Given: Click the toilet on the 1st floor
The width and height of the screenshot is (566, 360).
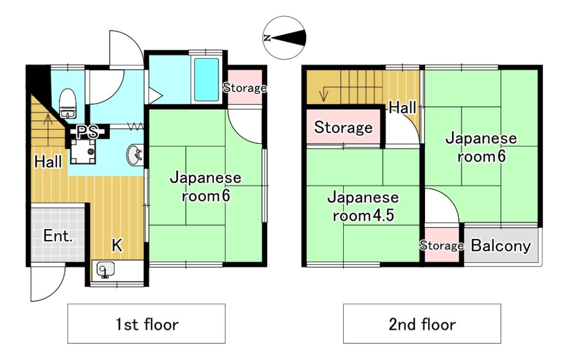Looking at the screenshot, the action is [67, 103].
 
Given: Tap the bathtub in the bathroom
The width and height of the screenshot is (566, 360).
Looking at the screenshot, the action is [207, 80].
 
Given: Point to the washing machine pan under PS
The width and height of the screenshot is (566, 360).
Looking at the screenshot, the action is [83, 152].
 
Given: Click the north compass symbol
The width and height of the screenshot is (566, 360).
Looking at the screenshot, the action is [285, 38].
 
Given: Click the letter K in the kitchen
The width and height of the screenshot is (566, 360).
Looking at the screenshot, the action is [117, 245].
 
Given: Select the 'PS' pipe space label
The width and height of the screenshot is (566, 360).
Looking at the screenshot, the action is [87, 132].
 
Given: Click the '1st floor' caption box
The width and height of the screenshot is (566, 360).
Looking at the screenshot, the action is [146, 324].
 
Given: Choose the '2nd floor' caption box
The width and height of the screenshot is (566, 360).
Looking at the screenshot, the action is [422, 324].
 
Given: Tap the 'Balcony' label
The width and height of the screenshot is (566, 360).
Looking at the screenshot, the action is [501, 246].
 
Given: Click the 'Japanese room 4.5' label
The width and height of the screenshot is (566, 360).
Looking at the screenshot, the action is [363, 206].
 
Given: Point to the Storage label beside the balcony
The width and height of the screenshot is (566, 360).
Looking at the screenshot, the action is [442, 246].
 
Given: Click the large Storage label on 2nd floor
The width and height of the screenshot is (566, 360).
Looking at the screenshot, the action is [343, 127].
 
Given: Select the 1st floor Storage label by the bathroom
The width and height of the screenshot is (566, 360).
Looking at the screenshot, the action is [245, 87].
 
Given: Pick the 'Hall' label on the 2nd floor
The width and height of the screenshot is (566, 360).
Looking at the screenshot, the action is [402, 107].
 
